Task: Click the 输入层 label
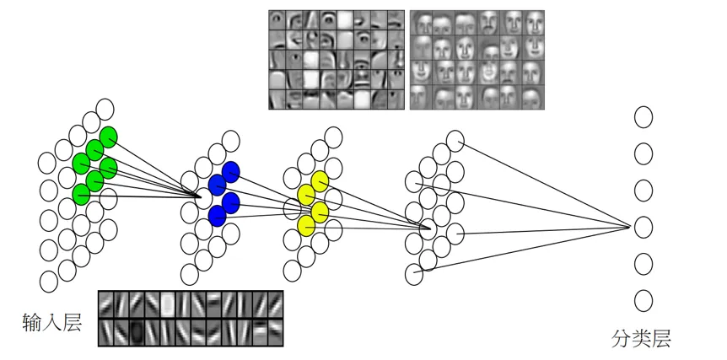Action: [x=52, y=322]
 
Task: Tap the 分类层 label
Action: [x=642, y=339]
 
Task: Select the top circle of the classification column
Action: [x=644, y=116]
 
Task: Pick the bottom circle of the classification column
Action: [x=644, y=299]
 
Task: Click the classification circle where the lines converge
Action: [x=644, y=226]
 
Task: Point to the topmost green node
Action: [x=108, y=137]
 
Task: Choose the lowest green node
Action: [x=81, y=195]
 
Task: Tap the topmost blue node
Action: [x=230, y=171]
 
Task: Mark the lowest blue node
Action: [x=217, y=215]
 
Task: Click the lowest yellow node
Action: [x=305, y=225]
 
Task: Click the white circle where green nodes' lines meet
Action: [x=203, y=196]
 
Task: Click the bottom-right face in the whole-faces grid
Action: [x=533, y=96]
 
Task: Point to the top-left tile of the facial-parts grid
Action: [x=279, y=20]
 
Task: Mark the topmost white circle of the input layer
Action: [x=105, y=109]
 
